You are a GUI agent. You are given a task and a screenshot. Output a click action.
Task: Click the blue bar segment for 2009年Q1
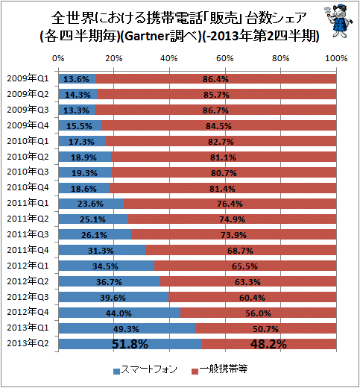tap(78, 79)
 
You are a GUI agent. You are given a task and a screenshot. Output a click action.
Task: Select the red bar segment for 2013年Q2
tap(269, 344)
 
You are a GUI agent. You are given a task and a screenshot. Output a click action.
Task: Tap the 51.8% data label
tap(130, 344)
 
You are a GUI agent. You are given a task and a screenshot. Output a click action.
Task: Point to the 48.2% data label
tap(268, 344)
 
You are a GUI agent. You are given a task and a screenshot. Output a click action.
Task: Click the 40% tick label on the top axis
tap(169, 58)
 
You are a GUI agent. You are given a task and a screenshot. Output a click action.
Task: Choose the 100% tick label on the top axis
tap(336, 58)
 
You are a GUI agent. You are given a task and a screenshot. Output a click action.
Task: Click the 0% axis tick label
tap(58, 58)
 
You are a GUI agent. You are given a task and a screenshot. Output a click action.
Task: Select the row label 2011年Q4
tap(28, 250)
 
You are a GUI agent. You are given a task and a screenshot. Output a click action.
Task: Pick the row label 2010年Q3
tap(28, 172)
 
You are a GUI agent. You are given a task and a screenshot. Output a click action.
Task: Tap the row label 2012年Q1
tap(28, 266)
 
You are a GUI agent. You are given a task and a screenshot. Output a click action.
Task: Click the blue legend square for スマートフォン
tap(116, 372)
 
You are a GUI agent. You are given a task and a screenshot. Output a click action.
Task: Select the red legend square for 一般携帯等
tap(195, 372)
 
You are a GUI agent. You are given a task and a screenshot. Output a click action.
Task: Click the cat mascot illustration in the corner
tap(338, 21)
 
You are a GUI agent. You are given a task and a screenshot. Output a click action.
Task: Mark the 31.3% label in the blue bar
tap(101, 251)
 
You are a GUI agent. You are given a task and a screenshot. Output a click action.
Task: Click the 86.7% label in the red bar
tap(215, 110)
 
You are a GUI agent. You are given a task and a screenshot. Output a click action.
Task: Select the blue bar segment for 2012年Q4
tap(119, 313)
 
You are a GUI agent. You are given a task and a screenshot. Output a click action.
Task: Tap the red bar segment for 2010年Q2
tap(224, 157)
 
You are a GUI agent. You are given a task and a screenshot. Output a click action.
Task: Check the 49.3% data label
tap(126, 329)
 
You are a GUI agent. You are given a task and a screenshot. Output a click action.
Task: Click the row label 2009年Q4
tap(28, 125)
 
